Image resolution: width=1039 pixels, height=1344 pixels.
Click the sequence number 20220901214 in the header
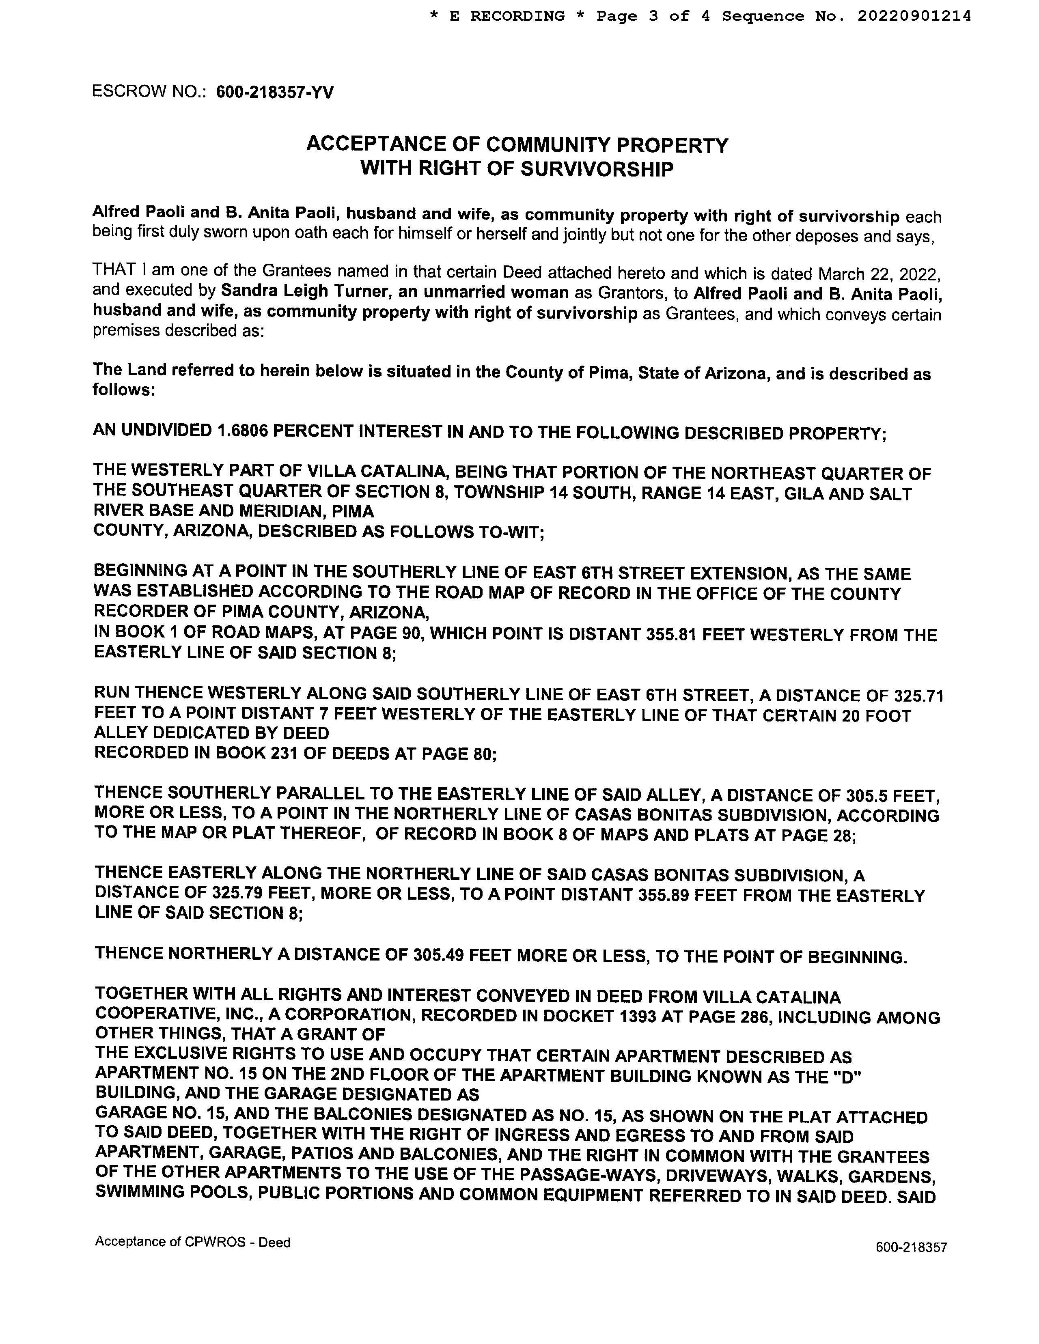[914, 16]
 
